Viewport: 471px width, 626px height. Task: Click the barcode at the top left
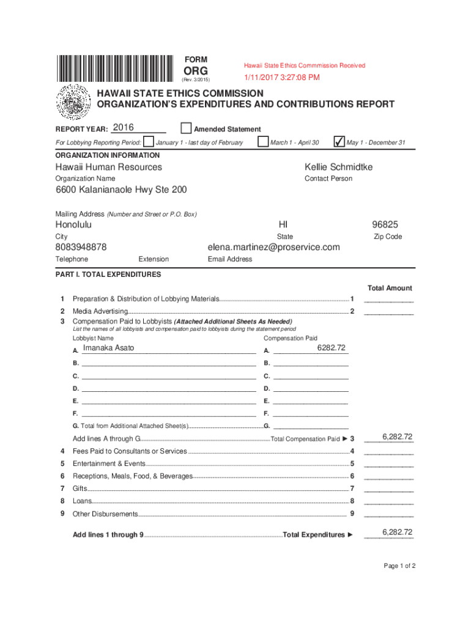coord(116,69)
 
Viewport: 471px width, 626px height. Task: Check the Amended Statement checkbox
coord(187,128)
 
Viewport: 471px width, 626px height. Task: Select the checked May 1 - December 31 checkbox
coord(338,142)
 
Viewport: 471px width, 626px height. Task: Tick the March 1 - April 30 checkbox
coord(263,142)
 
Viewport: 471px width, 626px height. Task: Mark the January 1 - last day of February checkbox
coord(149,142)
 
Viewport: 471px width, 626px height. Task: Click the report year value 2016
coord(124,128)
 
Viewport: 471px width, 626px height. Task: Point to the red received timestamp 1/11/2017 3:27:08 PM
coord(282,78)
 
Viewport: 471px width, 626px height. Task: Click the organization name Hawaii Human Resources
coord(109,167)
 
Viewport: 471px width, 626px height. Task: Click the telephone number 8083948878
coord(81,247)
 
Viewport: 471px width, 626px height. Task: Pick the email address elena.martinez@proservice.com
coord(273,247)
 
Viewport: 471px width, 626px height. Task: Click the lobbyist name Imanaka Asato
coord(109,348)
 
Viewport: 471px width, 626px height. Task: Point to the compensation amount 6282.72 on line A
coord(331,348)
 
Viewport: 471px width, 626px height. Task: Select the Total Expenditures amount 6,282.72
coord(398,532)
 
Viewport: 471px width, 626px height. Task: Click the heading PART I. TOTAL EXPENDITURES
coord(108,274)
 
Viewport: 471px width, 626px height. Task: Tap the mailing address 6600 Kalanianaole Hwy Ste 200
coord(121,190)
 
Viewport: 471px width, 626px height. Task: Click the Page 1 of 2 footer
coord(399,565)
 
